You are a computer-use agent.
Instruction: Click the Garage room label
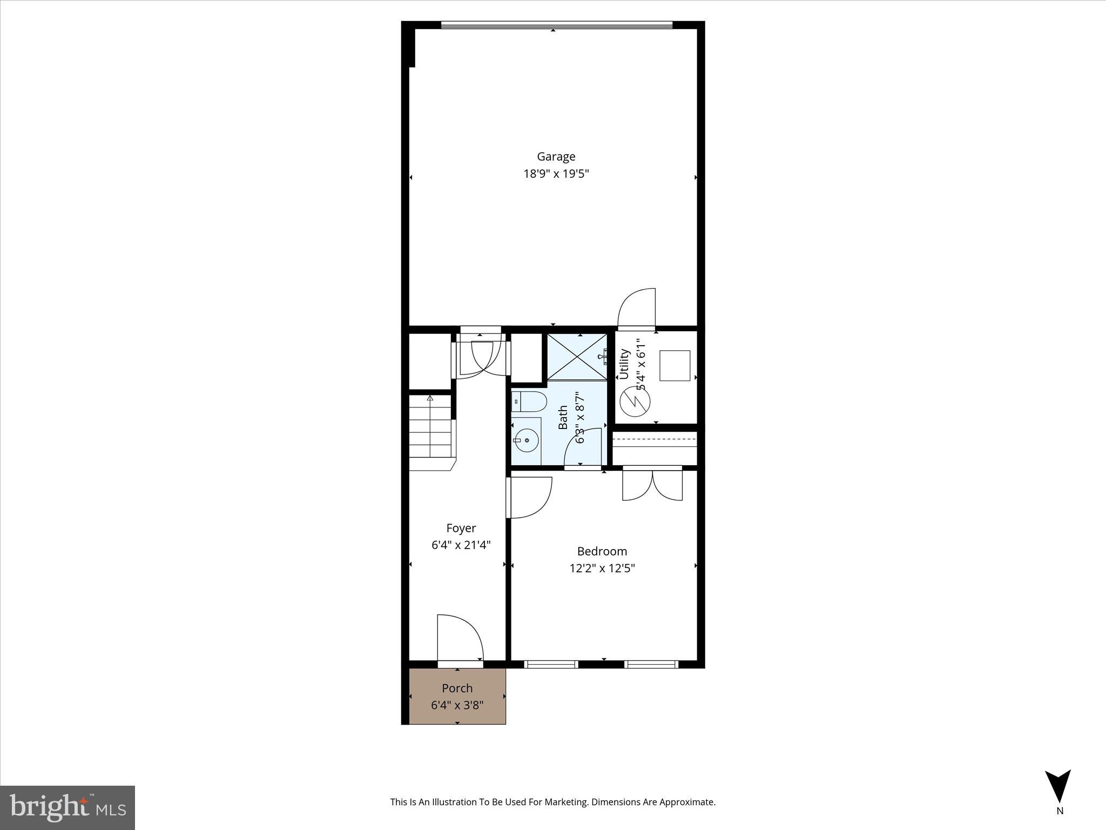(x=556, y=157)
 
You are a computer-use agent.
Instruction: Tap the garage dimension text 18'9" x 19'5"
(x=556, y=174)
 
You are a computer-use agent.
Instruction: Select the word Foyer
(x=461, y=528)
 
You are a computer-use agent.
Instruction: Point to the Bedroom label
(x=602, y=551)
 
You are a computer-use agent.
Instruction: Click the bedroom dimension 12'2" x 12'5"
(x=602, y=568)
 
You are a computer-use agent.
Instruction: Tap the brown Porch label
(x=457, y=688)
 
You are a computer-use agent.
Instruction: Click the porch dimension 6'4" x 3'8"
(x=457, y=705)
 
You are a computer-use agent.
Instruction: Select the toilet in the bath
(x=529, y=401)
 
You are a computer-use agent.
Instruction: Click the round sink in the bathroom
(x=526, y=440)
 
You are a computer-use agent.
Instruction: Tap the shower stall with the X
(x=577, y=357)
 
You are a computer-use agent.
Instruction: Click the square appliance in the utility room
(x=675, y=366)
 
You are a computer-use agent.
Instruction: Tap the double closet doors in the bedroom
(x=652, y=484)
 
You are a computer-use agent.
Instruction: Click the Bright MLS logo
(x=68, y=807)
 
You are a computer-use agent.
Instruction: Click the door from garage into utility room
(x=637, y=309)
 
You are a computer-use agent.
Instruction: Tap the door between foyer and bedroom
(x=529, y=497)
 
